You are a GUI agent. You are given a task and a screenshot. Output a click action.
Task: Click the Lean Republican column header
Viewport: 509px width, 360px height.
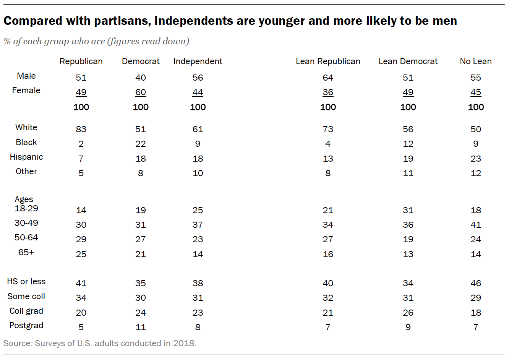(328, 62)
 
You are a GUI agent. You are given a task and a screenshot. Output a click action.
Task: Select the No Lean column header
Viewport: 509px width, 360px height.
(475, 62)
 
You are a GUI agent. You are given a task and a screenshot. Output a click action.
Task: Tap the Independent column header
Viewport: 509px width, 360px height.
(198, 62)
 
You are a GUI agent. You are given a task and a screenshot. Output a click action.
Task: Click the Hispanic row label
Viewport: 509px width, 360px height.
(26, 157)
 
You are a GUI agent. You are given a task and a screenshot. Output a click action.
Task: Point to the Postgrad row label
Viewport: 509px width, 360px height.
(26, 326)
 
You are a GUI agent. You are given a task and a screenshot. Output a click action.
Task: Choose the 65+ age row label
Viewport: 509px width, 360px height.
(26, 252)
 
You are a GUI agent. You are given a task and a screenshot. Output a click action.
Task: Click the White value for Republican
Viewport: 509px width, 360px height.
(81, 129)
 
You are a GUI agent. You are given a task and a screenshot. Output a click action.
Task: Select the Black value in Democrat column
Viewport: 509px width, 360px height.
(141, 144)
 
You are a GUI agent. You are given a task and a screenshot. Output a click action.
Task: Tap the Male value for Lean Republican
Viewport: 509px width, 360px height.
(328, 78)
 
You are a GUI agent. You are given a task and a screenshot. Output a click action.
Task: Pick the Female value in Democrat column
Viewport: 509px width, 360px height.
(141, 92)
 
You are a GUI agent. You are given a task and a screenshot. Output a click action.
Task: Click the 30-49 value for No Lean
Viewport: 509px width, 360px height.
(475, 225)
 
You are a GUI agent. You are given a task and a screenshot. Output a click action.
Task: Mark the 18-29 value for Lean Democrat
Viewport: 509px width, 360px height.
(408, 210)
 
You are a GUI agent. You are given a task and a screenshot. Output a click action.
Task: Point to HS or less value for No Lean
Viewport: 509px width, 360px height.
(475, 283)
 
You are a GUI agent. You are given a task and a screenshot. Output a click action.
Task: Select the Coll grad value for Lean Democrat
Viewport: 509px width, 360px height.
(408, 313)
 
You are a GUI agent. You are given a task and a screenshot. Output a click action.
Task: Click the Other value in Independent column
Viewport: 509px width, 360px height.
(198, 173)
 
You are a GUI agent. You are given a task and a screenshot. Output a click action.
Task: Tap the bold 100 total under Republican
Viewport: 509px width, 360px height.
(81, 107)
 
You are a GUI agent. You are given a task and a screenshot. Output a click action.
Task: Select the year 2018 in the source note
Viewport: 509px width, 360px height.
(184, 343)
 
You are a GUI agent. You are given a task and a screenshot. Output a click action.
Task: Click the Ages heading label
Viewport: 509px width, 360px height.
(24, 199)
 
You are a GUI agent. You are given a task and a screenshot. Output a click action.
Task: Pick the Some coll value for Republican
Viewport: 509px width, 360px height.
(81, 298)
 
